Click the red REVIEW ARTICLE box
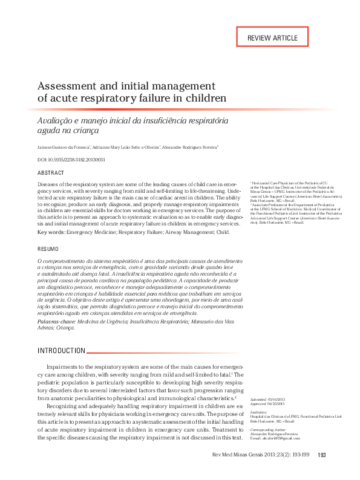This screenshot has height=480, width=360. click(x=272, y=37)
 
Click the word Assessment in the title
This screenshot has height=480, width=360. click(x=67, y=85)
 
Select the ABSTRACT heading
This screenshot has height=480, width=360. click(x=51, y=173)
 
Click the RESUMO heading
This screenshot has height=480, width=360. click(x=48, y=249)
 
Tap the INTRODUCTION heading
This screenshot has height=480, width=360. click(x=61, y=351)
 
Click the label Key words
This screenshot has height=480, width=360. click(x=51, y=232)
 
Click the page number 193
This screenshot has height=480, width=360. click(x=322, y=455)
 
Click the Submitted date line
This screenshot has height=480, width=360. click(x=266, y=400)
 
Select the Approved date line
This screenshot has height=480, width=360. click(x=266, y=403)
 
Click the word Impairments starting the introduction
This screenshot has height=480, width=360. click(x=65, y=367)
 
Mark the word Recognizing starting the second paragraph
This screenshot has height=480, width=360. click(x=65, y=406)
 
